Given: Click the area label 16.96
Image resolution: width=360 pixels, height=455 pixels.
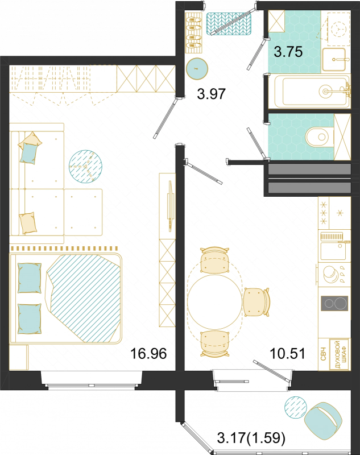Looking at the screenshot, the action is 148,353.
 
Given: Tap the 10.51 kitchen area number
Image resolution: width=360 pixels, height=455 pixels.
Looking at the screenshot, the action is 287,353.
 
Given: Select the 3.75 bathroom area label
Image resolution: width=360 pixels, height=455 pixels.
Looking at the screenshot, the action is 288,52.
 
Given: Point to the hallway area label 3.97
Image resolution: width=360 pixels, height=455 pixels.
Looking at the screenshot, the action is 211,94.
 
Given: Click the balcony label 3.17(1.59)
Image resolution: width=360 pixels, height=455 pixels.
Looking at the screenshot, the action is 251,437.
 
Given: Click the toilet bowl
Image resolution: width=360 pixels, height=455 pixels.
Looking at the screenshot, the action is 320,137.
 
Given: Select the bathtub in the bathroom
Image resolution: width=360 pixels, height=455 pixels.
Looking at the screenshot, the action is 312,92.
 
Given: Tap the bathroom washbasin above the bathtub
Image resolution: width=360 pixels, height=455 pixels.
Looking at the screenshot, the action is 334,59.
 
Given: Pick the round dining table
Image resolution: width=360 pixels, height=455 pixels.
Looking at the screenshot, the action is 214,301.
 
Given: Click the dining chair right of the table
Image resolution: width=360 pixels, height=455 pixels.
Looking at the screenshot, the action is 256,302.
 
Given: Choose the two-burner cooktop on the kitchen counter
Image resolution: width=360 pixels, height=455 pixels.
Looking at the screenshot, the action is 334,304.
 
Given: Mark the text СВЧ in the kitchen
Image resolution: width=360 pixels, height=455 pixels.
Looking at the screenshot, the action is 324,354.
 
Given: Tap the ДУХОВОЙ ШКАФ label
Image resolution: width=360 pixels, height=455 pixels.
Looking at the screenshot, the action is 341,354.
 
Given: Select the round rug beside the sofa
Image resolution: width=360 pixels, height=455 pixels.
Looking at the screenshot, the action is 85,166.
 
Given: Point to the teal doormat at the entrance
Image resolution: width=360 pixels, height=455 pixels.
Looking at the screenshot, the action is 229,24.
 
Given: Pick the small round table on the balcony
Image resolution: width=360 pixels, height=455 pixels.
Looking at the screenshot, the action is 296,408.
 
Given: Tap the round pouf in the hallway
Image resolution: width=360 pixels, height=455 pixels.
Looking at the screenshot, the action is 197,69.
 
